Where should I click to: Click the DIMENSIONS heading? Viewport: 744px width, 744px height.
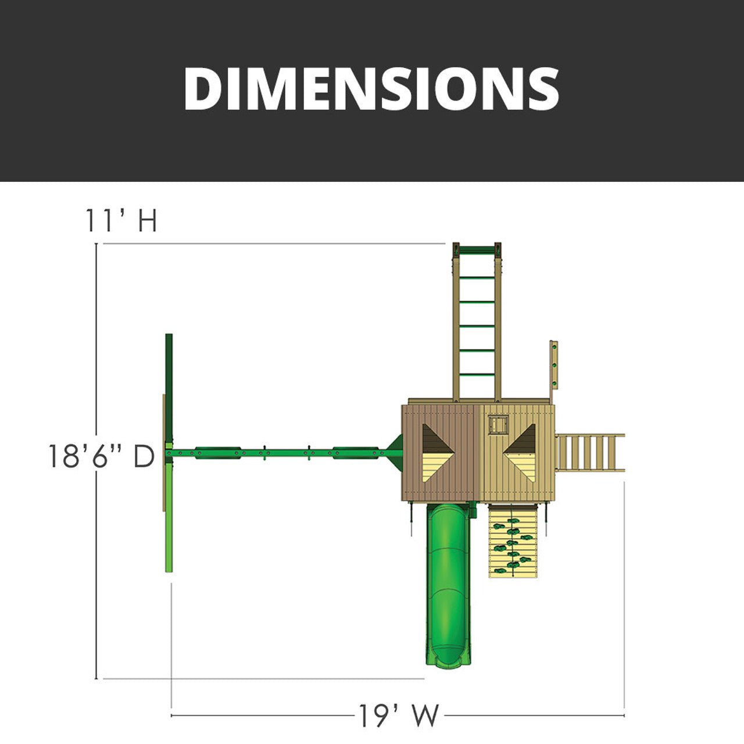coord(371,88)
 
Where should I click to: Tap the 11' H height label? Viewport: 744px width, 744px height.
coord(121,221)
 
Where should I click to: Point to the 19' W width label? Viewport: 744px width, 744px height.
coord(398,716)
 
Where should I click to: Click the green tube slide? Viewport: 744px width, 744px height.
coord(448,581)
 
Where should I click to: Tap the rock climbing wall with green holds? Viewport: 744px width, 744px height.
coord(512,541)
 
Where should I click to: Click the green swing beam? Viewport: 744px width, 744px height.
coord(279,452)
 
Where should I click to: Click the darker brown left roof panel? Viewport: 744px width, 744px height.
coord(439,453)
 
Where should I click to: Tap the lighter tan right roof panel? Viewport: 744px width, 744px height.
coord(516,453)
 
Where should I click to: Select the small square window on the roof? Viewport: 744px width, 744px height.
coord(497,424)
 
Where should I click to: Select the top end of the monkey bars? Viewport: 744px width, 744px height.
coord(477,250)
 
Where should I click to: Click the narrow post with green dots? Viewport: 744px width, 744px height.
coord(553,366)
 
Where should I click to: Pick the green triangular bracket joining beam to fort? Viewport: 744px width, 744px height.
coord(395,452)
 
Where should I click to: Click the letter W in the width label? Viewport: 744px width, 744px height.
coord(427,716)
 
